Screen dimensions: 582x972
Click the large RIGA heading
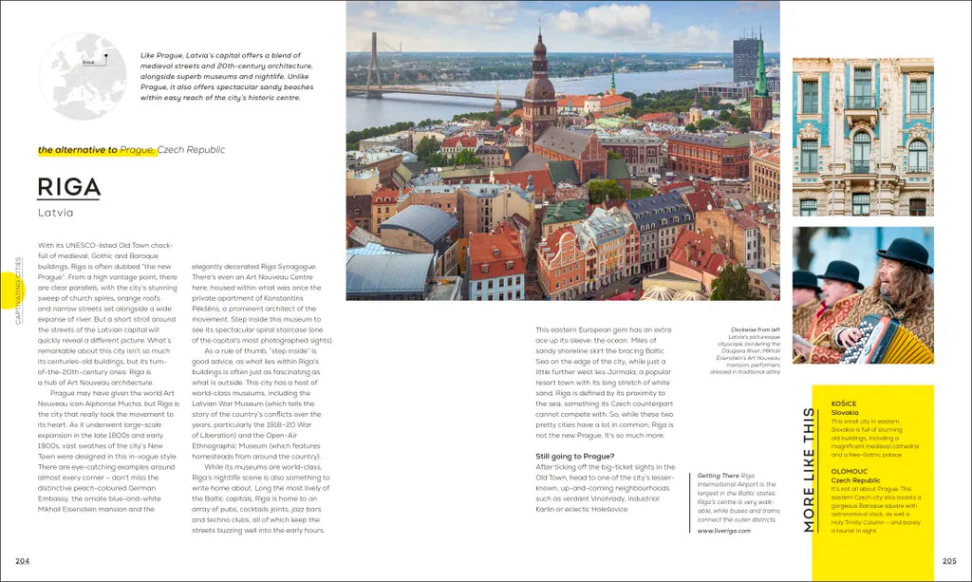pyautogui.click(x=69, y=187)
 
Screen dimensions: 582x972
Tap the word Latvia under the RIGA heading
pyautogui.click(x=56, y=213)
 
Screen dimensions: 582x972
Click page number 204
pyautogui.click(x=22, y=560)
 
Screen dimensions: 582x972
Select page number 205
pyautogui.click(x=949, y=560)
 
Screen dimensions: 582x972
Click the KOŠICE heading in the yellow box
pyautogui.click(x=844, y=404)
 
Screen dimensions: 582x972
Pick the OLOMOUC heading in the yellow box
pyautogui.click(x=850, y=471)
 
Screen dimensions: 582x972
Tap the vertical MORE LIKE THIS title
pyautogui.click(x=809, y=469)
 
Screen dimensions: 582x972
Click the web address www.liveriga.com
pyautogui.click(x=724, y=531)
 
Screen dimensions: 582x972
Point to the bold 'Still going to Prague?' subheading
pyautogui.click(x=574, y=457)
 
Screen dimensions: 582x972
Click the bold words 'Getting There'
pyautogui.click(x=718, y=475)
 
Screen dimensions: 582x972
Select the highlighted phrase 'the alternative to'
pyautogui.click(x=78, y=150)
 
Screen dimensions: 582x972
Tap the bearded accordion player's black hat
pyautogui.click(x=905, y=254)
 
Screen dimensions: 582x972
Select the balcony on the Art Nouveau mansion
pyautogui.click(x=862, y=102)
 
